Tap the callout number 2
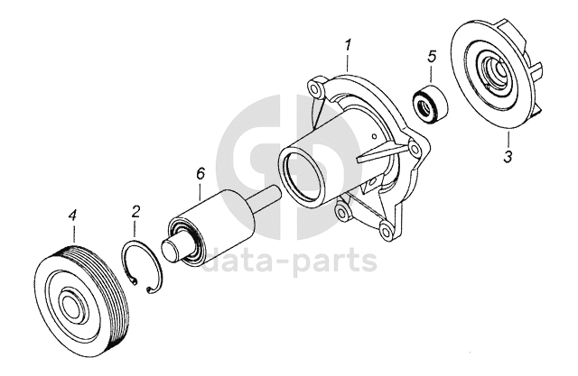135,212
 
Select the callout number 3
508,157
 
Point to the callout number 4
72,215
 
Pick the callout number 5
432,56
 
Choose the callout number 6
200,174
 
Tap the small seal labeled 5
429,105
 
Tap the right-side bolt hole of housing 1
415,150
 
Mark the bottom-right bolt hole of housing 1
386,231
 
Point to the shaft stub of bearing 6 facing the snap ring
172,250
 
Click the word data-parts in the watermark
290,261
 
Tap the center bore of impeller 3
495,69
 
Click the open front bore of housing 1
303,175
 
